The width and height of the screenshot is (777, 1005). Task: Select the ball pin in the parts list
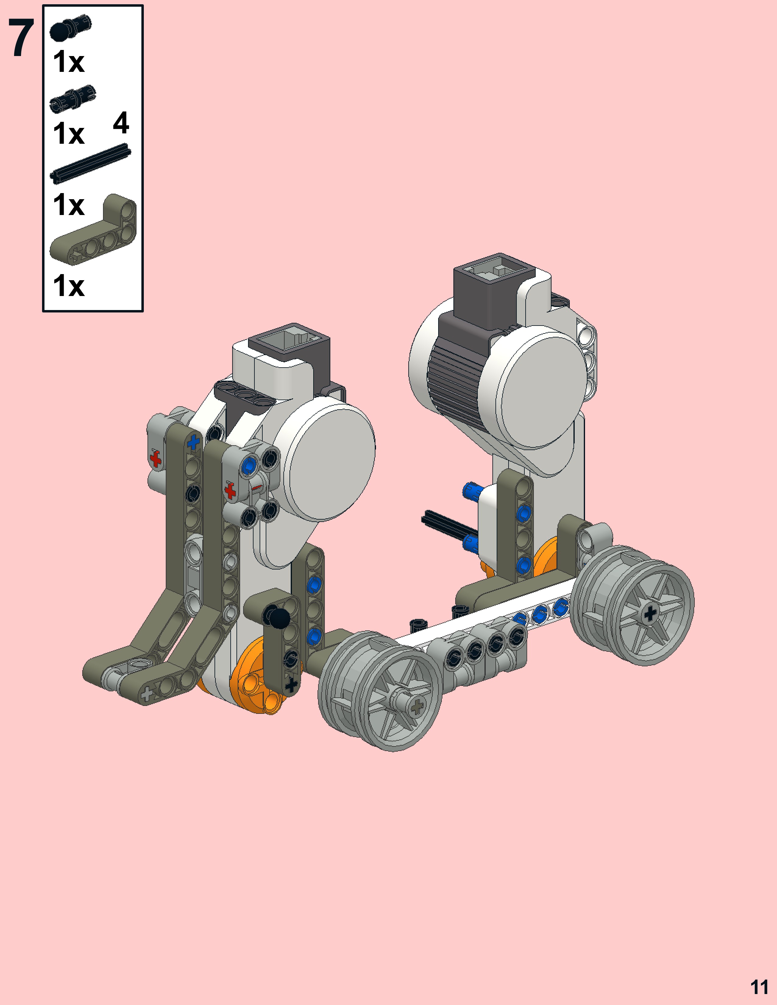[70, 28]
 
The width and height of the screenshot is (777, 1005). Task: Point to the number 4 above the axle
[121, 122]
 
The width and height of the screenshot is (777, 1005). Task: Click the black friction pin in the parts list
[73, 98]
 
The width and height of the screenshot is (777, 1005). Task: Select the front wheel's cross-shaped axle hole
[417, 706]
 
